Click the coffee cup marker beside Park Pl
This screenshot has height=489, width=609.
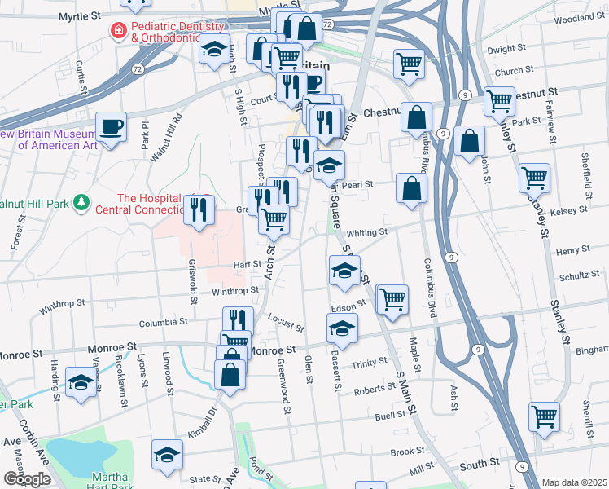[111, 127]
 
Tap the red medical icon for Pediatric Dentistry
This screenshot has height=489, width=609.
[117, 30]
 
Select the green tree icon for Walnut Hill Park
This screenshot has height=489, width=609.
[81, 200]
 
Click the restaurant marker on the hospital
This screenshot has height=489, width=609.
[198, 211]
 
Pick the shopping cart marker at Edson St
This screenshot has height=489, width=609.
[392, 298]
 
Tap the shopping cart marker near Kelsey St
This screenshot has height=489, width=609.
[534, 177]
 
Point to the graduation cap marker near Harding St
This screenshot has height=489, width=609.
[81, 382]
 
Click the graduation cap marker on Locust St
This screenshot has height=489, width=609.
[342, 329]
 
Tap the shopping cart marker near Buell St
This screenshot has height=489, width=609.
[544, 416]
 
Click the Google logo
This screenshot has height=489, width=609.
[27, 479]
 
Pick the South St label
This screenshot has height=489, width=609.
[480, 463]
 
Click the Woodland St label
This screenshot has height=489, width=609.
[579, 17]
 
